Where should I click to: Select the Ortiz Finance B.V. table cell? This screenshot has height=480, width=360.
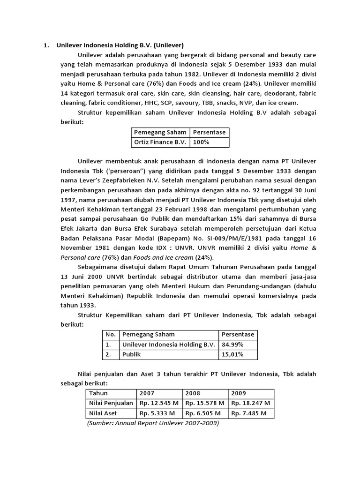point(160,142)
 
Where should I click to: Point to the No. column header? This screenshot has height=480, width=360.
point(110,335)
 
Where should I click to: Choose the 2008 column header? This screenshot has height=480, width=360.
point(193,393)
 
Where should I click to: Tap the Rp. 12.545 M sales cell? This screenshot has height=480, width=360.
point(159,403)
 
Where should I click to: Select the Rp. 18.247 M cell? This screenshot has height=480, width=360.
point(251,403)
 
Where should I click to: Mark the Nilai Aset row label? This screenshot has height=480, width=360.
point(103,413)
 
